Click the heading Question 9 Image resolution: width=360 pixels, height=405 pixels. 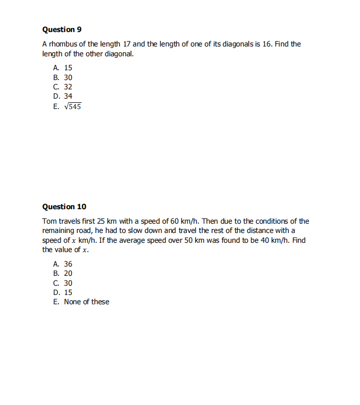[61, 29]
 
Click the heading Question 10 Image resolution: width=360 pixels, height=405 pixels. [64, 207]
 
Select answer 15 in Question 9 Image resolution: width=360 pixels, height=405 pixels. [68, 68]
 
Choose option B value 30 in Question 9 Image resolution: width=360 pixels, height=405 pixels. [68, 77]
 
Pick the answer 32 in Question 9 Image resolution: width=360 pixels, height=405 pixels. [68, 87]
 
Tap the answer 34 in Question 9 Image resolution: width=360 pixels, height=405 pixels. [68, 96]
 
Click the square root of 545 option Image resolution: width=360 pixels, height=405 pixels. [72, 106]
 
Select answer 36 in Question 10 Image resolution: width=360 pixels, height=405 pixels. [68, 264]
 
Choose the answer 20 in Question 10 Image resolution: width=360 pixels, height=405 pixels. [68, 273]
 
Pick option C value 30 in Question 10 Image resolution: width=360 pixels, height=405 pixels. [68, 283]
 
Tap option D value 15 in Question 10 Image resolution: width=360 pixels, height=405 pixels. [68, 292]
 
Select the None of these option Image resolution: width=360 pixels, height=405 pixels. [86, 302]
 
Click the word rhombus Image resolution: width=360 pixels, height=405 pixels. [62, 44]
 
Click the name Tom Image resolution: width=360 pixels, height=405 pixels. [49, 221]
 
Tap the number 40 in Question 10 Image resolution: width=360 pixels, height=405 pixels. [261, 240]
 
